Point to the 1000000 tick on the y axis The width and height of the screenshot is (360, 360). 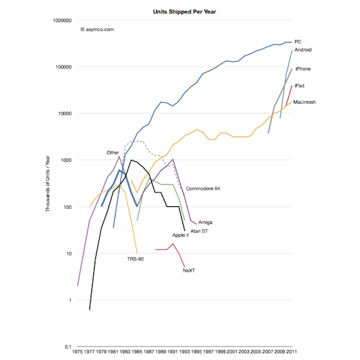coord(58,20)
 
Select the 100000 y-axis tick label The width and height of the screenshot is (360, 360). coord(59,67)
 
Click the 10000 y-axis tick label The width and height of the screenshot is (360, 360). coord(61,114)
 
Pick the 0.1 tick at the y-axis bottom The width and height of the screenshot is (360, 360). coord(66,347)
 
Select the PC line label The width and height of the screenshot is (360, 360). coord(298,42)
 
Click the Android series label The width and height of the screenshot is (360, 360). coord(303,50)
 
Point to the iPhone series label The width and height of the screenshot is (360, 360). coord(302,69)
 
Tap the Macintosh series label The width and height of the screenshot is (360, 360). coord(305,102)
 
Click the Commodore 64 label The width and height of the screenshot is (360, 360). coord(207,188)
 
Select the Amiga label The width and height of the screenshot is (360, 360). coord(204,222)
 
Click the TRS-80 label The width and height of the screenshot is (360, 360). coord(135,258)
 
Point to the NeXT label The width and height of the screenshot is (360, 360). coord(188,270)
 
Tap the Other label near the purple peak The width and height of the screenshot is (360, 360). coord(112,152)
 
